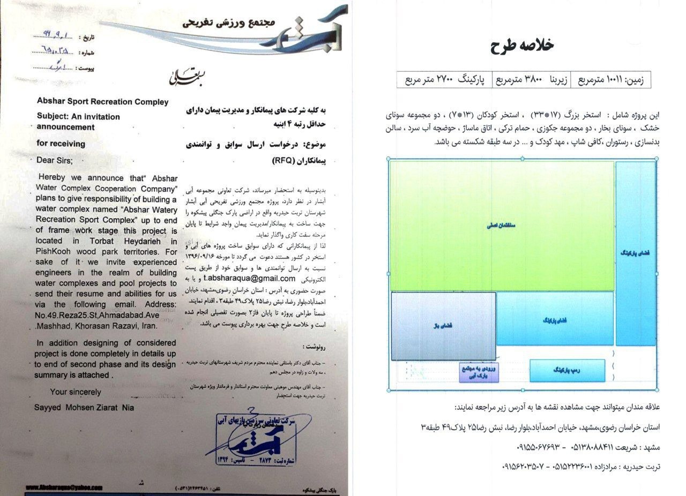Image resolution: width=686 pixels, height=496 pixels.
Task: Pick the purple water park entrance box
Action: (x=479, y=373)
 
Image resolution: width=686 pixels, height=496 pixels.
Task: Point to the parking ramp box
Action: (x=567, y=371)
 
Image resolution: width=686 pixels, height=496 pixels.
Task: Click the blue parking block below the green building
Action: (x=555, y=319)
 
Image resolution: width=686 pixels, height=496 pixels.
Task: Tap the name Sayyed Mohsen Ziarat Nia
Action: (x=84, y=408)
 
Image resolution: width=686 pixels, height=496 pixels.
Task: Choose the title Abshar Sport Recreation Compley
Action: (x=102, y=102)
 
